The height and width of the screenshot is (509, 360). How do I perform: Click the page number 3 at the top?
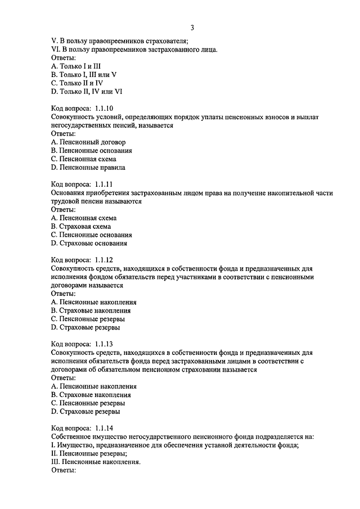(192, 28)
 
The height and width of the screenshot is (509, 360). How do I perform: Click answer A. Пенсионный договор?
(88, 142)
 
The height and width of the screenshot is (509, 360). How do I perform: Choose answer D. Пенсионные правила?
(88, 167)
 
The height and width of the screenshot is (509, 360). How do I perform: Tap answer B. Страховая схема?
(80, 226)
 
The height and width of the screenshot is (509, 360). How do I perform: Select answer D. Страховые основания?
(88, 243)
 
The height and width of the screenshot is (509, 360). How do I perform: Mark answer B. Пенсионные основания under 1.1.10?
(91, 151)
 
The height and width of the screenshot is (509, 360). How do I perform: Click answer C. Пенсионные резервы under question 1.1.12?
(87, 318)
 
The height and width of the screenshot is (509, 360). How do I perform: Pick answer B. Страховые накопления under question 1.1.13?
(90, 395)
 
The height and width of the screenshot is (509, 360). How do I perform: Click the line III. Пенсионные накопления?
(95, 462)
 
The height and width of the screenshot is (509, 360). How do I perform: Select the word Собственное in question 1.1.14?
(72, 436)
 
